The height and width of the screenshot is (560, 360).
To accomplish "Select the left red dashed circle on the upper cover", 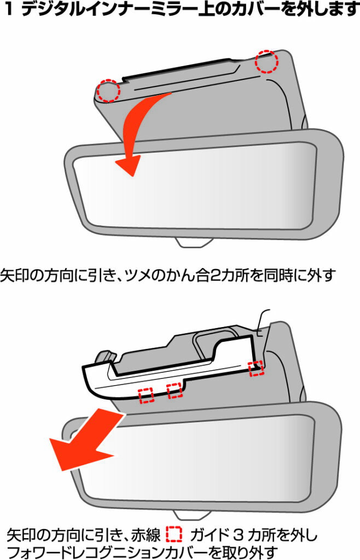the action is tap(108, 91).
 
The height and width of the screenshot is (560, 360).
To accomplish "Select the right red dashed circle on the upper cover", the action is tap(266, 62).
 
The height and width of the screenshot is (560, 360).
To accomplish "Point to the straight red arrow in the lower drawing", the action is tap(88, 442).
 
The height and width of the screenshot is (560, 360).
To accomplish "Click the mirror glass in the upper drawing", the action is tap(195, 186).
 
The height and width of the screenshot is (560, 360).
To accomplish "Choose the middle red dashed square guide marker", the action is tap(175, 390).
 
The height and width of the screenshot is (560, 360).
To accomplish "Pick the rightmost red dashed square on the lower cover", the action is tap(257, 368).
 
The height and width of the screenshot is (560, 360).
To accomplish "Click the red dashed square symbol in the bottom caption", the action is tap(174, 535).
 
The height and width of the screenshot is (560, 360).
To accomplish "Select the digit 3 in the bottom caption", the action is tap(238, 535).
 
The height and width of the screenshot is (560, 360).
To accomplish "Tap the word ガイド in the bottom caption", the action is tap(209, 535).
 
